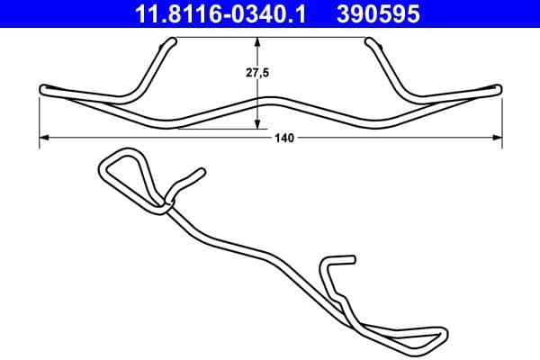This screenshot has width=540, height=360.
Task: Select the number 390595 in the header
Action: point(380,14)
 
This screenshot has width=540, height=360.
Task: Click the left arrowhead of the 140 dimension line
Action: point(44,138)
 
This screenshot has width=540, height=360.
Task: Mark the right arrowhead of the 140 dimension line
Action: point(499,138)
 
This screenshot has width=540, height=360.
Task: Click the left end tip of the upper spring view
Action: point(43,88)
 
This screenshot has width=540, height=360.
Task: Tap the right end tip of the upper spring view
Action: point(498,88)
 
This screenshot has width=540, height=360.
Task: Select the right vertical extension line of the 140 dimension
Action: point(500,117)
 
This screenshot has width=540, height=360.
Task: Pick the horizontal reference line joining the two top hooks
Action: point(270,37)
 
